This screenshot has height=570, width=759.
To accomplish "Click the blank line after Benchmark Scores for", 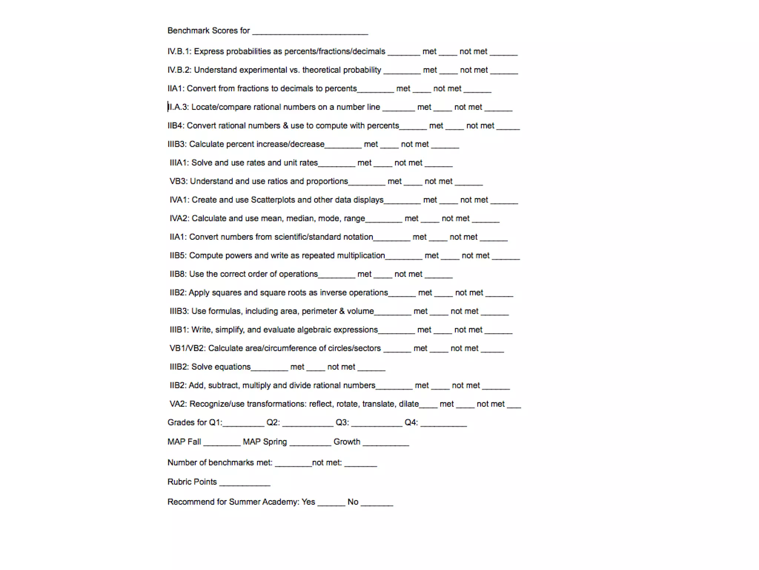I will (310, 33).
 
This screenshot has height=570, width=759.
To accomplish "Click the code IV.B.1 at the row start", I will (179, 52).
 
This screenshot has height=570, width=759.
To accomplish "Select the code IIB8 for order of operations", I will (178, 274).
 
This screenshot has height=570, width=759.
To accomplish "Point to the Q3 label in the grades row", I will (342, 423).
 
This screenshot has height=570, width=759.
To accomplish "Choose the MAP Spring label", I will (265, 442).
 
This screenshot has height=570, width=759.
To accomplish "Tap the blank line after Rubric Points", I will (245, 484).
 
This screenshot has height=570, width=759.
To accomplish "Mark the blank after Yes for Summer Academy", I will (331, 504).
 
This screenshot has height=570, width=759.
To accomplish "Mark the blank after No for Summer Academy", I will (377, 504).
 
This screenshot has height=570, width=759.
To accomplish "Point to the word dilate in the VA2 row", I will (408, 404).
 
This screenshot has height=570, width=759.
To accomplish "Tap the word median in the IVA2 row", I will (298, 219).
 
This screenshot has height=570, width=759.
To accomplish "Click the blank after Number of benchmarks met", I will (293, 465).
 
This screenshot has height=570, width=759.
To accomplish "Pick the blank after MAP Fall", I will (222, 444).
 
